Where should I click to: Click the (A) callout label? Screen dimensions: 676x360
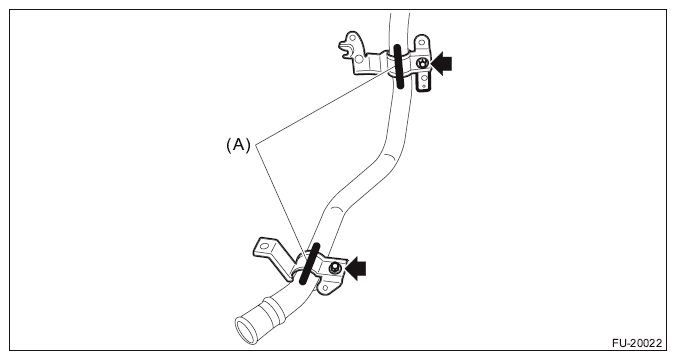(238, 145)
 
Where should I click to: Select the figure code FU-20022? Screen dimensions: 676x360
(637, 343)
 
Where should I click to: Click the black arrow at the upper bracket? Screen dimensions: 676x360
(441, 64)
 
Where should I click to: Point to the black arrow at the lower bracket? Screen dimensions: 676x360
(355, 269)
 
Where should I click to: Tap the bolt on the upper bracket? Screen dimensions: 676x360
(422, 63)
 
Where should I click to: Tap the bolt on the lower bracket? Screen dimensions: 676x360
(335, 269)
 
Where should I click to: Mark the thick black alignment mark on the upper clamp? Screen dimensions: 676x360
(398, 66)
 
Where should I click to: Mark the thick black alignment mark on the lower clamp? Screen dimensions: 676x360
(309, 263)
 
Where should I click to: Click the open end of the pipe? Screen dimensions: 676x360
(245, 330)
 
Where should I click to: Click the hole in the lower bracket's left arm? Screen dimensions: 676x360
(265, 247)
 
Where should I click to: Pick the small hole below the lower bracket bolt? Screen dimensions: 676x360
(325, 288)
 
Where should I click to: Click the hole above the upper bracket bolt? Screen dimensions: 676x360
(422, 43)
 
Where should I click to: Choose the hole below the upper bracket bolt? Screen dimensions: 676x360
(424, 78)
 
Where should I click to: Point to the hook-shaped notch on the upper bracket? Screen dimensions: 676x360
(346, 53)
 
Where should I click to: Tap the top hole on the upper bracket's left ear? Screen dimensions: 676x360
(353, 38)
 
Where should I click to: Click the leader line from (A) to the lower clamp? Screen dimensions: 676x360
(282, 203)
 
